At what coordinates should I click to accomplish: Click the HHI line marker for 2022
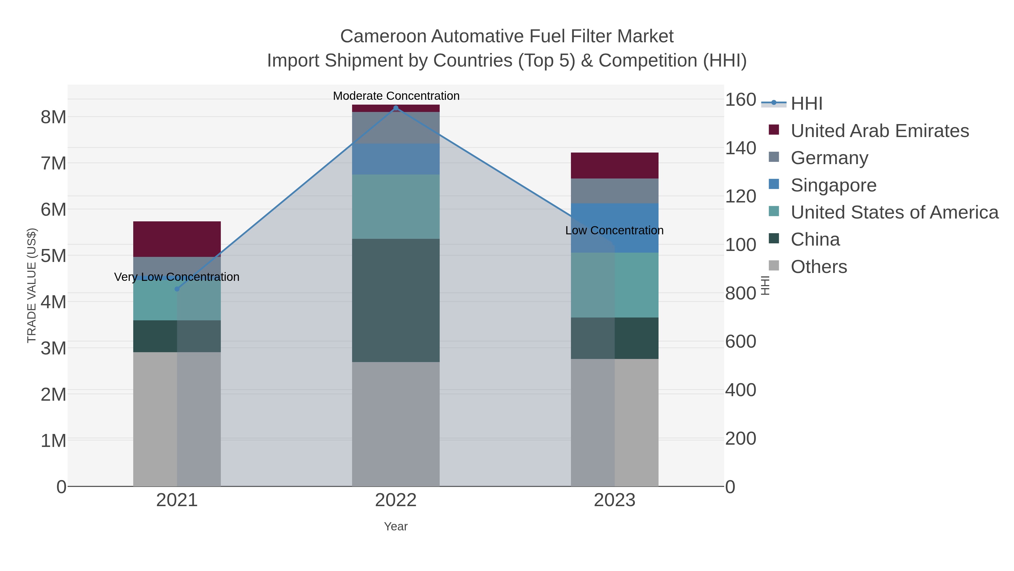[396, 108]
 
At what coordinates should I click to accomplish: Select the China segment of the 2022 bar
[396, 300]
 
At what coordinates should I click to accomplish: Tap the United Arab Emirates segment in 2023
[615, 166]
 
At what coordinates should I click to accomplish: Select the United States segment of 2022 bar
[396, 206]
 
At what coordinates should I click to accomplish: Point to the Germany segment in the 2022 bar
[396, 128]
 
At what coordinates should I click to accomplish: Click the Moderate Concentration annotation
[396, 96]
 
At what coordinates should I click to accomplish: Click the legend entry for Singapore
[833, 185]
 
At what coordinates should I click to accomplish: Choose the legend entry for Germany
[829, 158]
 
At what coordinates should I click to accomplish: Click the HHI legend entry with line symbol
[806, 103]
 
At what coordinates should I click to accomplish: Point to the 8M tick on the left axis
[54, 117]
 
